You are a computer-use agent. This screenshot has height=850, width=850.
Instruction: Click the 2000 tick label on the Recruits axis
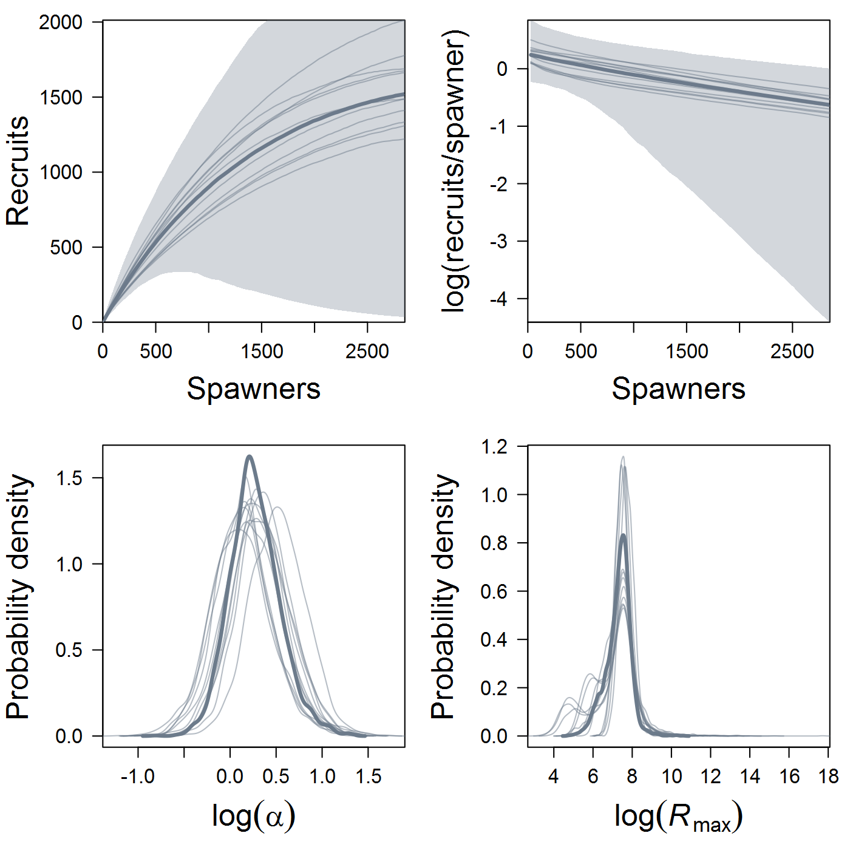pos(61,22)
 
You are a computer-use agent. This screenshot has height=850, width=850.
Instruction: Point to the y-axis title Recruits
pos(18,171)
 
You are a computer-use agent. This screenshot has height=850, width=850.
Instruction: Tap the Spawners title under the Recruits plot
pos(253,389)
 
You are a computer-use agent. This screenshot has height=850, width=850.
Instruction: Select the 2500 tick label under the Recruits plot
pos(367,352)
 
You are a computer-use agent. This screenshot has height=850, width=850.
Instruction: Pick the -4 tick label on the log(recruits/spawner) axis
pos(498,299)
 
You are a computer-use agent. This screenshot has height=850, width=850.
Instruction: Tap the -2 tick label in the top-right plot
pos(498,184)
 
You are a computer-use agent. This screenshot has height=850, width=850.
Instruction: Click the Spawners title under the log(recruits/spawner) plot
pos(678,389)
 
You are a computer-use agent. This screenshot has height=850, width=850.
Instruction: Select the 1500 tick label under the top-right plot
pos(686,352)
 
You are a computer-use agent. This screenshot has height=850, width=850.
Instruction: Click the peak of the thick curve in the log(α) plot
pos(249,457)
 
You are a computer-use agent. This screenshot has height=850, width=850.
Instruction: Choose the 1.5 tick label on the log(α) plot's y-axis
pos(69,478)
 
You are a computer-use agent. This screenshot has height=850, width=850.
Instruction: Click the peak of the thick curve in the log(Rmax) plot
pos(623,535)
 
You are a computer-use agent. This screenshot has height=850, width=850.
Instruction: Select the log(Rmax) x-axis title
pos(678,817)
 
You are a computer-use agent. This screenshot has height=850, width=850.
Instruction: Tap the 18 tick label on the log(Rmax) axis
pos(828,777)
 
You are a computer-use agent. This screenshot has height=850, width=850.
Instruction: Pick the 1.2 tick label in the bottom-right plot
pos(494,447)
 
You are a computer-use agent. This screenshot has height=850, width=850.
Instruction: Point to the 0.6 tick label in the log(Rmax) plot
pos(494,591)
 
